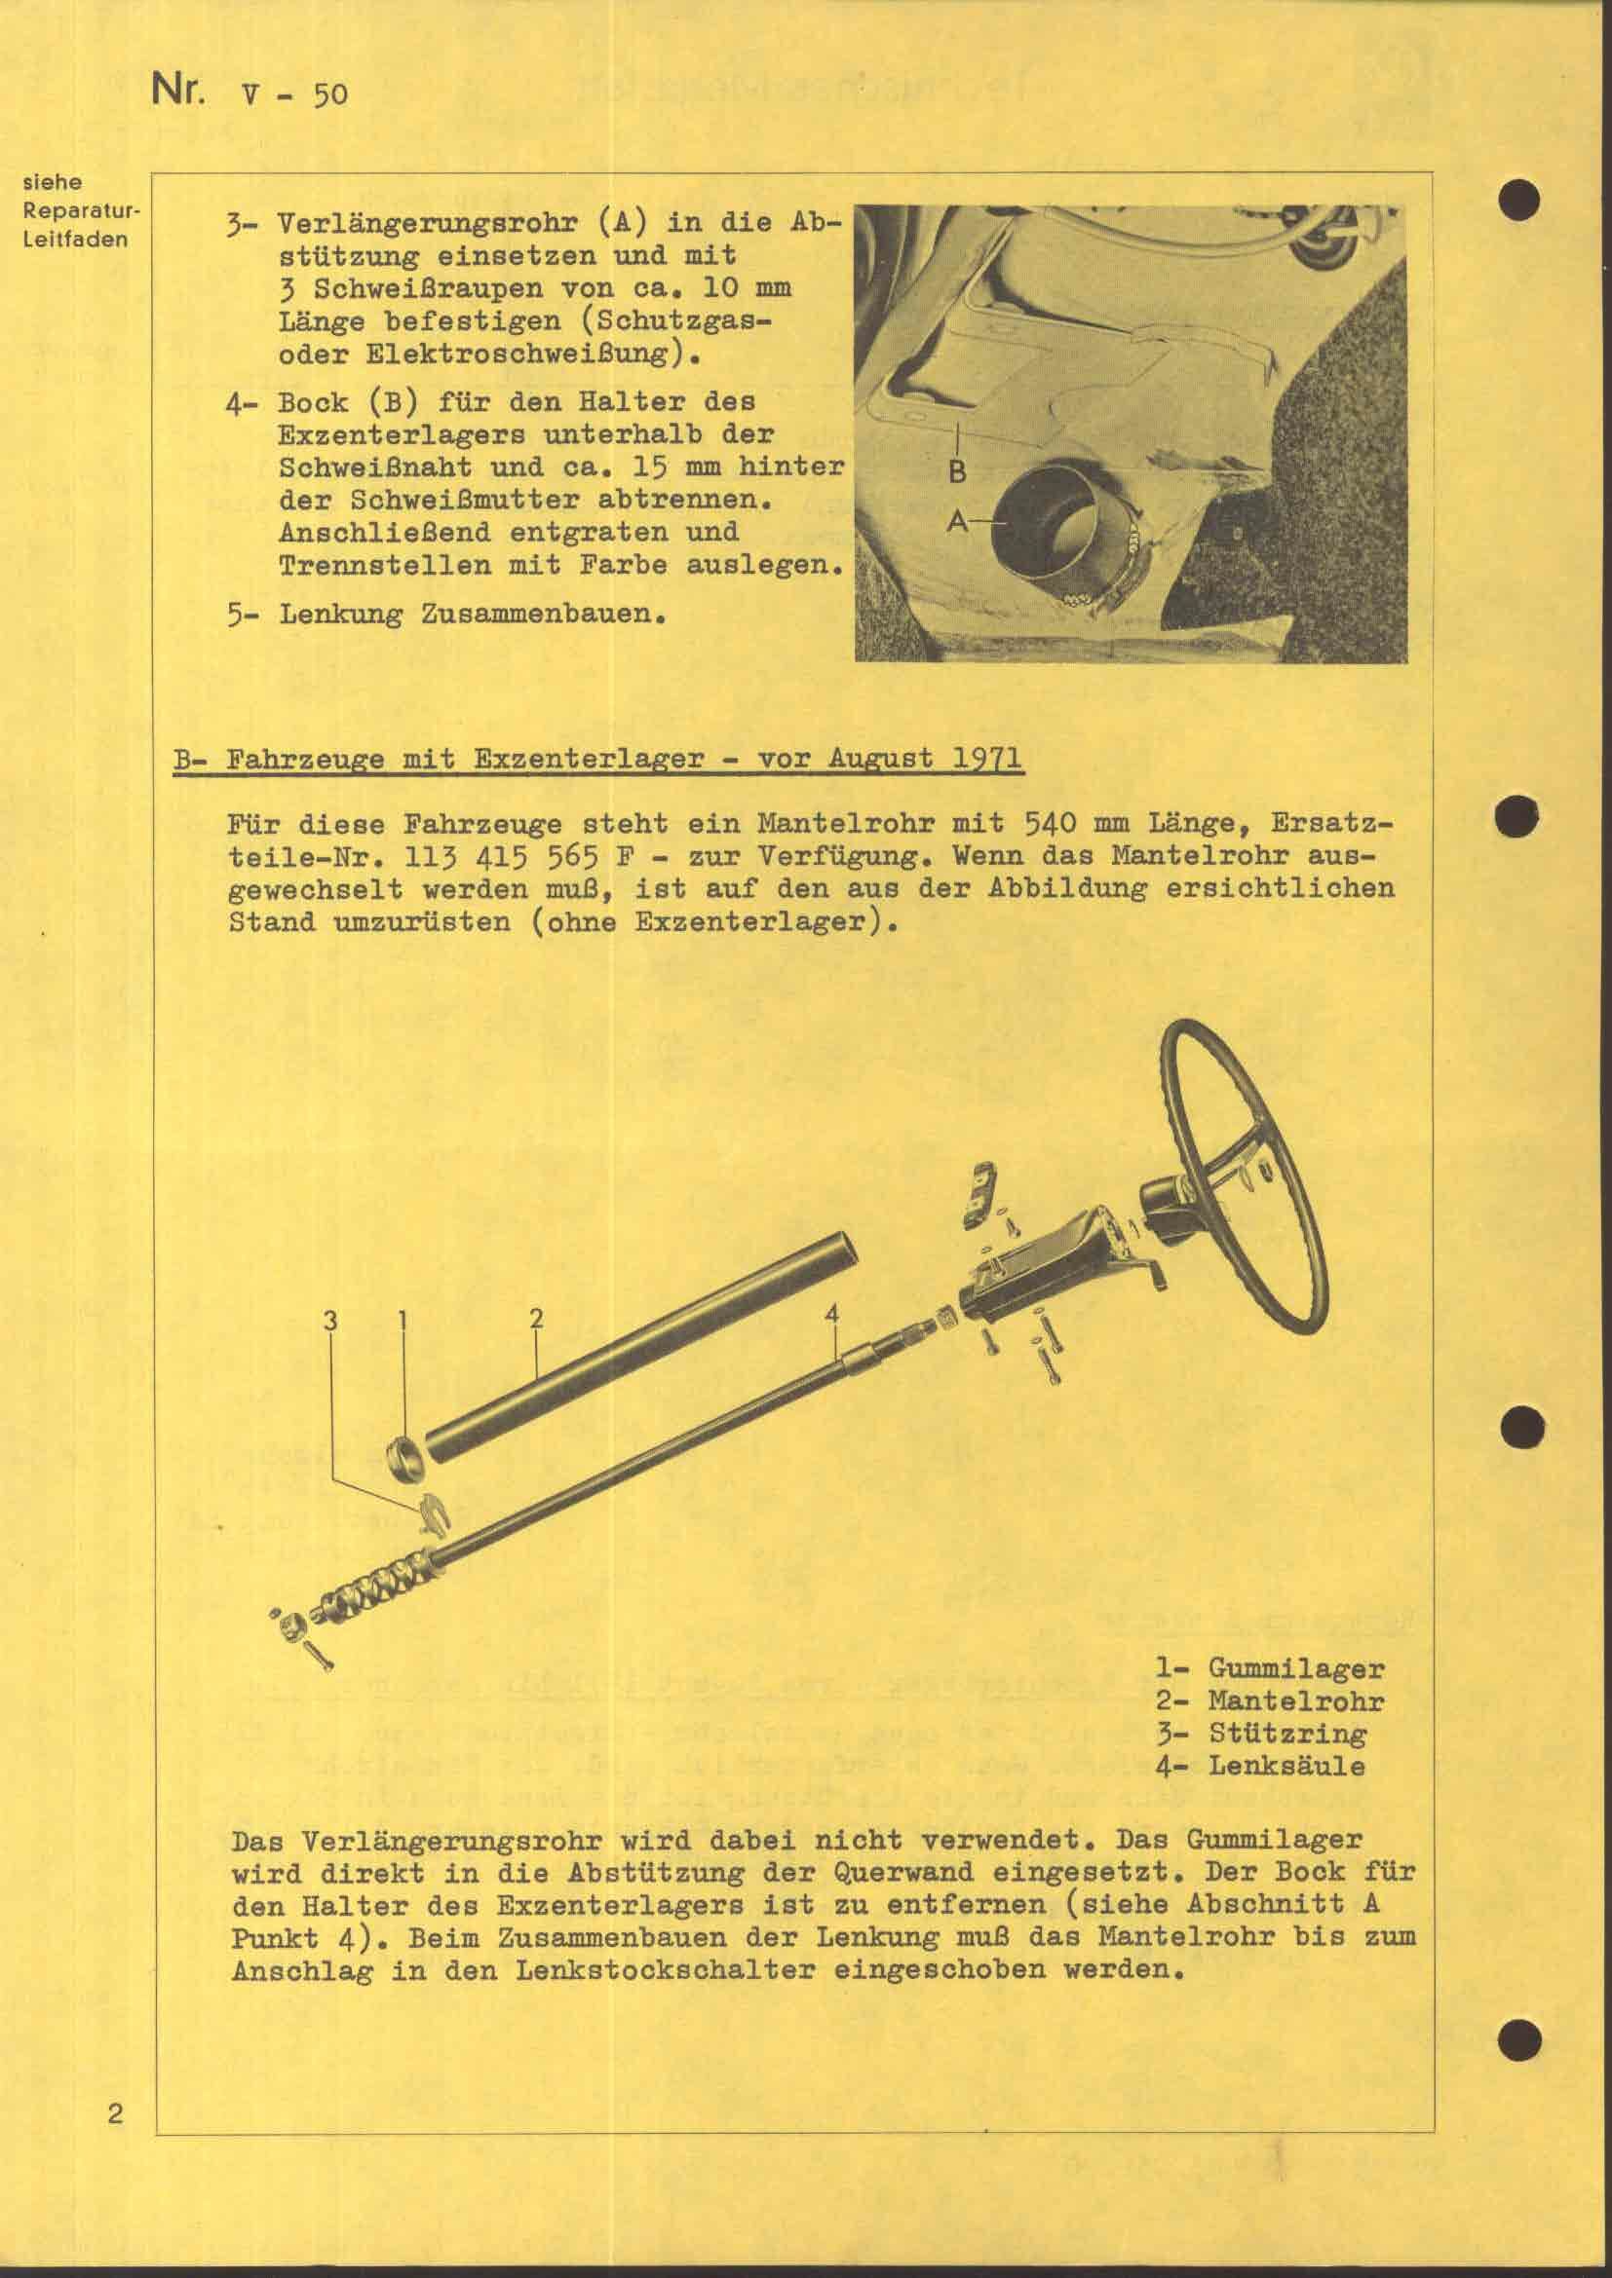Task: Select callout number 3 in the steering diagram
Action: point(330,1320)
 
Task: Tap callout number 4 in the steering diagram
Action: point(831,1314)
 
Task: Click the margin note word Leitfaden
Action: point(75,240)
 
